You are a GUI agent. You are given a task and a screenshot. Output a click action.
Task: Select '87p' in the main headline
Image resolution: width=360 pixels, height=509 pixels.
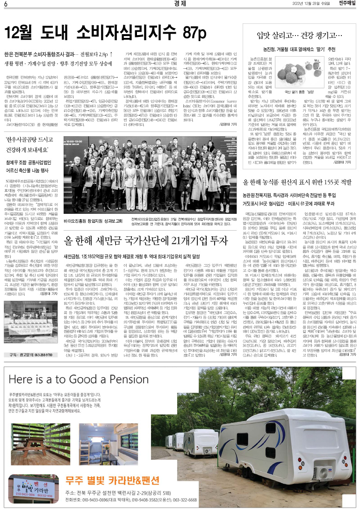coord(193,33)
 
